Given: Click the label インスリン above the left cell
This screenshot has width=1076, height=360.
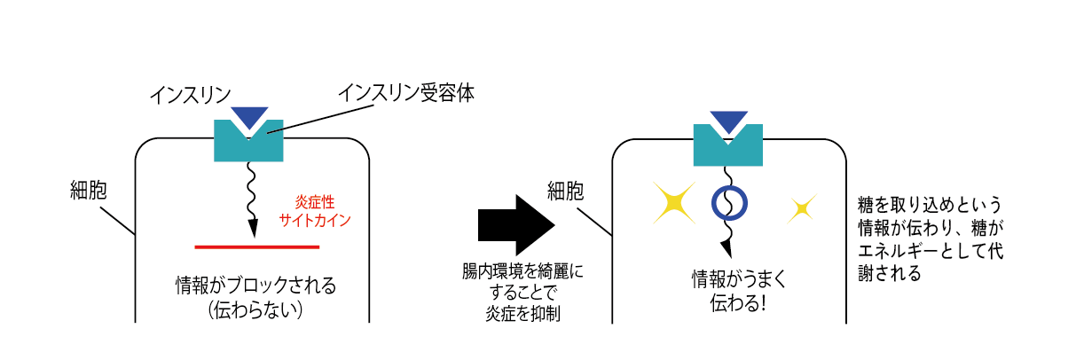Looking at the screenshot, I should point(190,94).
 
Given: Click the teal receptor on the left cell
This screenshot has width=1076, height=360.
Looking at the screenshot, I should point(248,146).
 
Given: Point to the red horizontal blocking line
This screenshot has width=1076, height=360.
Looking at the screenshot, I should point(257,245).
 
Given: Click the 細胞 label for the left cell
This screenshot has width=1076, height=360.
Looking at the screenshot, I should point(91,190).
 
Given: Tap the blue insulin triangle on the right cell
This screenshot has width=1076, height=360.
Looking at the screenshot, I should point(728,121).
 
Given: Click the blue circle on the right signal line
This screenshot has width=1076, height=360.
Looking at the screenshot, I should point(729,203).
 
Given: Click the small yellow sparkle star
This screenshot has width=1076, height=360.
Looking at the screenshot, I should point(801,209).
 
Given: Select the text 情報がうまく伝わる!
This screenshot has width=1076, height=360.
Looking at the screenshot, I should point(727,291).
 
